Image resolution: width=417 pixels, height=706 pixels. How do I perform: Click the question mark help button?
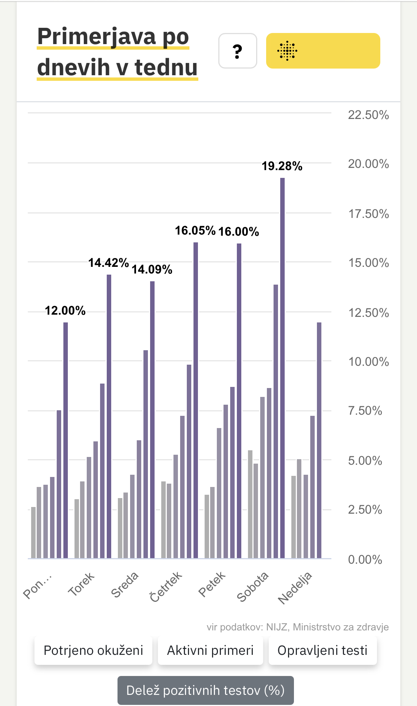click(x=238, y=51)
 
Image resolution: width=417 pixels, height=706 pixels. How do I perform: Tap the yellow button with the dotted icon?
click(x=323, y=51)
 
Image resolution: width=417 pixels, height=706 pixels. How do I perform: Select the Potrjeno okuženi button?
click(x=93, y=650)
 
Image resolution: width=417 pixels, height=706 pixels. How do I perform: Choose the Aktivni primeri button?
click(x=210, y=650)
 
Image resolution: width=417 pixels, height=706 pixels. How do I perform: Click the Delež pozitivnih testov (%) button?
click(x=205, y=690)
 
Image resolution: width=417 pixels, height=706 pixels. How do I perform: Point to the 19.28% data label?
click(x=282, y=166)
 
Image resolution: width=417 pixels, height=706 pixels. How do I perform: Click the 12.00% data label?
click(x=65, y=311)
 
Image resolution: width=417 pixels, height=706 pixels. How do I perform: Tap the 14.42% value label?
click(x=108, y=263)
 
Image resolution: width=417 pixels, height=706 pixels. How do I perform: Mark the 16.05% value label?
click(x=195, y=231)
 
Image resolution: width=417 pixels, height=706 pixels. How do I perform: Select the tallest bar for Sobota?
click(x=282, y=367)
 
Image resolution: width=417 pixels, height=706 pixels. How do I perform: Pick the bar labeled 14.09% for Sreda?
click(x=152, y=419)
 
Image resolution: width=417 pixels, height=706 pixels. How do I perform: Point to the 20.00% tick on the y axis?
click(x=368, y=164)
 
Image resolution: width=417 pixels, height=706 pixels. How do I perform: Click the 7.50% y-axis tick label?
click(x=365, y=411)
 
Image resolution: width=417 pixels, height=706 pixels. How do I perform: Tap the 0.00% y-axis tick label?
click(x=365, y=559)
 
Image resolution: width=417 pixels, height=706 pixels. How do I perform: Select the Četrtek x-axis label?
click(x=166, y=587)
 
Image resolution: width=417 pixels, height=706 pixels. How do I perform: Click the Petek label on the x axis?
click(x=212, y=584)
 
